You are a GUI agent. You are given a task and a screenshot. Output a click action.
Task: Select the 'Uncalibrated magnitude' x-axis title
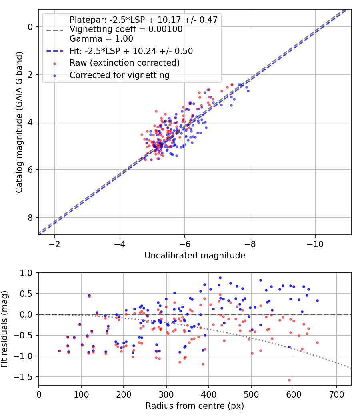tap(195, 255)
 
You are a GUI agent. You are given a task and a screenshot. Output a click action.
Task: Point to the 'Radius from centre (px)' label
tap(195, 406)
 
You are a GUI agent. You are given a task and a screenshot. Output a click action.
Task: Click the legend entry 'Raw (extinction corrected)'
tap(124, 63)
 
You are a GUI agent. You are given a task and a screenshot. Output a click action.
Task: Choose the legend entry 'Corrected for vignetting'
tap(120, 75)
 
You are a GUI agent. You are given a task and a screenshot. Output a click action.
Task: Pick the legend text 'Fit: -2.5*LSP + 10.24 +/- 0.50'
tap(131, 51)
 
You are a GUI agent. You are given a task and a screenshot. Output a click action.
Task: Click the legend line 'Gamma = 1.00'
tap(101, 39)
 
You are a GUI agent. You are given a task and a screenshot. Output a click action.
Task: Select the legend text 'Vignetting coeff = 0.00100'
tap(126, 29)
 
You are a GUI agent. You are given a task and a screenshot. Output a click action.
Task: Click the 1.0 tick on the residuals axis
tap(29, 273)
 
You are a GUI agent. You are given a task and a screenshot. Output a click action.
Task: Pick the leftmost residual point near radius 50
tap(60, 351)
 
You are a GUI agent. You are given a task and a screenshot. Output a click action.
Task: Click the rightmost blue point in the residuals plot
tap(317, 300)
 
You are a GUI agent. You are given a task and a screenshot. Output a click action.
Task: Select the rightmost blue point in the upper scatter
tap(248, 91)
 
